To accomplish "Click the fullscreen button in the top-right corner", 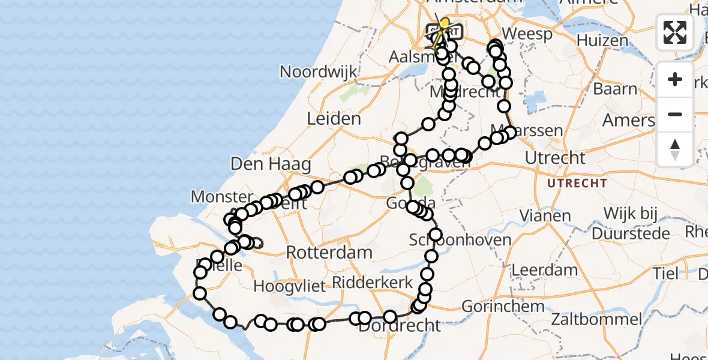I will pos(675,32).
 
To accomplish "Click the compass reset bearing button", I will pos(675,149).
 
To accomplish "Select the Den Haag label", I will pos(271,164).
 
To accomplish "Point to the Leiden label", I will pos(334,119).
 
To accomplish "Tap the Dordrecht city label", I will pos(400,326).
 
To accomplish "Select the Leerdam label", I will pos(545,269).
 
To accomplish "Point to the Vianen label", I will pos(545,215).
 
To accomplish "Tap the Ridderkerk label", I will pos(373,283).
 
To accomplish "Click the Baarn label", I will pos(615,89).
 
